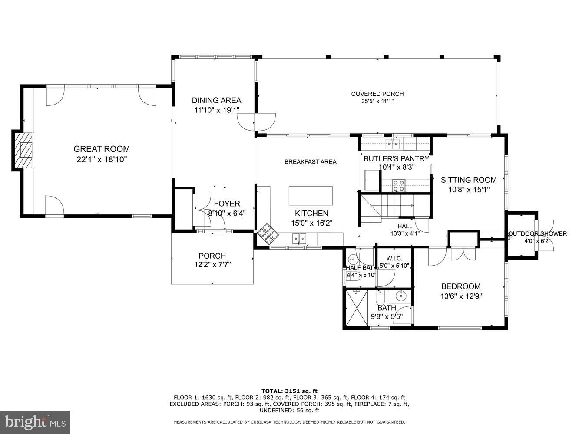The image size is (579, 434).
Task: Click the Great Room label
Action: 101,149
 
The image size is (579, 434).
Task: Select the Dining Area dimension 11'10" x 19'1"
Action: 216,110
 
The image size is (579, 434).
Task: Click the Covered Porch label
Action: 377,94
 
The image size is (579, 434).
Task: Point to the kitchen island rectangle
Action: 311,196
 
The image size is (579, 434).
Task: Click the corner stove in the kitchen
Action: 267,234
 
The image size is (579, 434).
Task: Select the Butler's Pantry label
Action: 396,158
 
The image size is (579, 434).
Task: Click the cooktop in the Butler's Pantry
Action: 398,186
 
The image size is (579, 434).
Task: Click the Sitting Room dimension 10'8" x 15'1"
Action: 469,189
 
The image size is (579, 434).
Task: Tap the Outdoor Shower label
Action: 537,233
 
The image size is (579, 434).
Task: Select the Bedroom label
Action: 460,286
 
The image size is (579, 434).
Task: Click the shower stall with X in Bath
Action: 356,308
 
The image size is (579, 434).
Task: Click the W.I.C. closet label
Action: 394,258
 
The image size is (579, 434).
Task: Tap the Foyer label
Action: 226,204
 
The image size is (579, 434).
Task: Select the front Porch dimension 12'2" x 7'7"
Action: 212,264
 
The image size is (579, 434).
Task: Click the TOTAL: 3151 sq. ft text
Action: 289,391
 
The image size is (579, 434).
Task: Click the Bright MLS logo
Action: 36,422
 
